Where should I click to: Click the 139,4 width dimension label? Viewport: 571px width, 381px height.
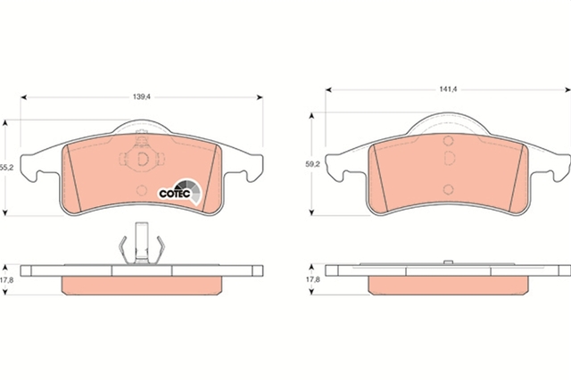click(x=141, y=97)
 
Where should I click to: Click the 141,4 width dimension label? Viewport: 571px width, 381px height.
click(x=448, y=89)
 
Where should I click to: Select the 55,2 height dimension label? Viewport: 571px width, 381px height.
click(x=6, y=168)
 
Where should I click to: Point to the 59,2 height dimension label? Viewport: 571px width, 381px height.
click(x=312, y=164)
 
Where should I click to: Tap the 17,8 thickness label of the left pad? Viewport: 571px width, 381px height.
click(x=6, y=280)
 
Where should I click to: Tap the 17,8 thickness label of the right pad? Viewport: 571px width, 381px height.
click(x=312, y=279)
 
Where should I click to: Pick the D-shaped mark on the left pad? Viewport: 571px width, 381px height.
click(x=143, y=159)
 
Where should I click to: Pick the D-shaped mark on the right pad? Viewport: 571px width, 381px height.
click(x=450, y=158)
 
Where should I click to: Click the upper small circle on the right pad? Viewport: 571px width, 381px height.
click(x=448, y=141)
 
